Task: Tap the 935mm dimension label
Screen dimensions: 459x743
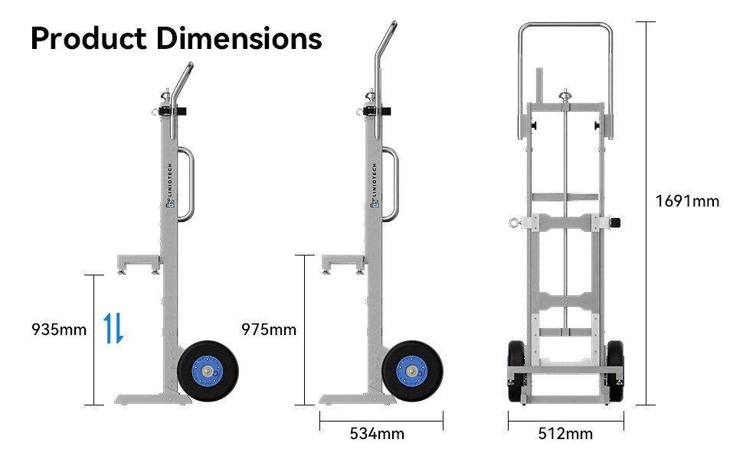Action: point(59,330)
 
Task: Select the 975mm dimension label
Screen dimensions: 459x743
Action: point(268,330)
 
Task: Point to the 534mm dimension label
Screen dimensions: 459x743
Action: point(377,434)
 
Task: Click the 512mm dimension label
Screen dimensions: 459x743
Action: point(565,434)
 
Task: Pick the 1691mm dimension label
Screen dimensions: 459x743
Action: point(687,201)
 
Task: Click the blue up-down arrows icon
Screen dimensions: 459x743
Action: point(113,327)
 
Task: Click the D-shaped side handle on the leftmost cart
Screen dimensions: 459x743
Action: point(188,184)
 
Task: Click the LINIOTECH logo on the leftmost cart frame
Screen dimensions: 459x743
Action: point(171,184)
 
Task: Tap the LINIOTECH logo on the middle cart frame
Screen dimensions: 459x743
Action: point(375,184)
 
